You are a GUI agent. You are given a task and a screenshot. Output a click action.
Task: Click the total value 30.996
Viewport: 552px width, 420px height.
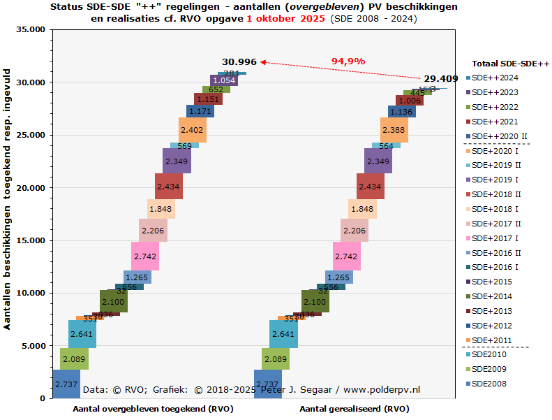click(239, 62)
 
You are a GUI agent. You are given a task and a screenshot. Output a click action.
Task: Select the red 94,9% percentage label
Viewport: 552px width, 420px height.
click(348, 61)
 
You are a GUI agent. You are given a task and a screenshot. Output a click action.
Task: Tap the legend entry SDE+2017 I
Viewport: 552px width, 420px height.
click(495, 238)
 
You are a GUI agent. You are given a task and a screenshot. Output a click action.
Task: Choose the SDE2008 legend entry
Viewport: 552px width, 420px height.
click(488, 384)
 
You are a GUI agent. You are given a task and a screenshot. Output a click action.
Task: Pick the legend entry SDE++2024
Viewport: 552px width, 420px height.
click(495, 78)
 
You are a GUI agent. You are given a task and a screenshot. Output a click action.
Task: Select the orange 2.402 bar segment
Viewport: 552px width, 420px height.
click(192, 130)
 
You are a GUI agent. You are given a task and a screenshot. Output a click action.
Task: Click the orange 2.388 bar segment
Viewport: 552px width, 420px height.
click(394, 129)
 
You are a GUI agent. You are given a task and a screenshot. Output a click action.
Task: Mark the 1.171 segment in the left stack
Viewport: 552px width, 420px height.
click(200, 111)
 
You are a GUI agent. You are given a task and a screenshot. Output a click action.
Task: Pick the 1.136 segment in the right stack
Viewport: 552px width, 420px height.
click(401, 111)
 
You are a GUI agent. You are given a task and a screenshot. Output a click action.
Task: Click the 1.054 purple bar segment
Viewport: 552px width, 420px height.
click(223, 80)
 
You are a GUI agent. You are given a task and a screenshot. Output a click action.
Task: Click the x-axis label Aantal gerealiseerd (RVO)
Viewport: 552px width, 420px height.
click(355, 409)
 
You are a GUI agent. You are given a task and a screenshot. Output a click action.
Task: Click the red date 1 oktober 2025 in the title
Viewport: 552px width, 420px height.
click(285, 19)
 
